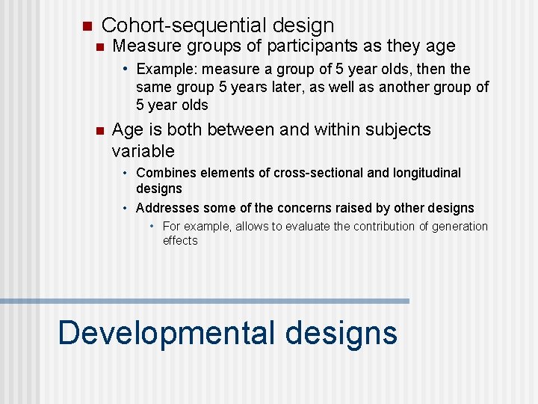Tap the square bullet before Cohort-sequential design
86,25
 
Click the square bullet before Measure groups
97,46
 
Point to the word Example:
164,70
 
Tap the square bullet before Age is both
97,130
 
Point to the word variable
143,151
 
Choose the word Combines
167,173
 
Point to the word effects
180,240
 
